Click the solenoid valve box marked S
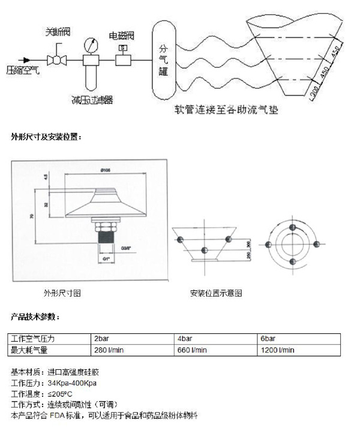tap(123, 49)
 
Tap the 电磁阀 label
tap(122, 35)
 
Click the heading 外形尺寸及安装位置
tap(46, 137)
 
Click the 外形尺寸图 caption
tap(62, 293)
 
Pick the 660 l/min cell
tap(192, 349)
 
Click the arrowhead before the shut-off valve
tap(25, 60)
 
